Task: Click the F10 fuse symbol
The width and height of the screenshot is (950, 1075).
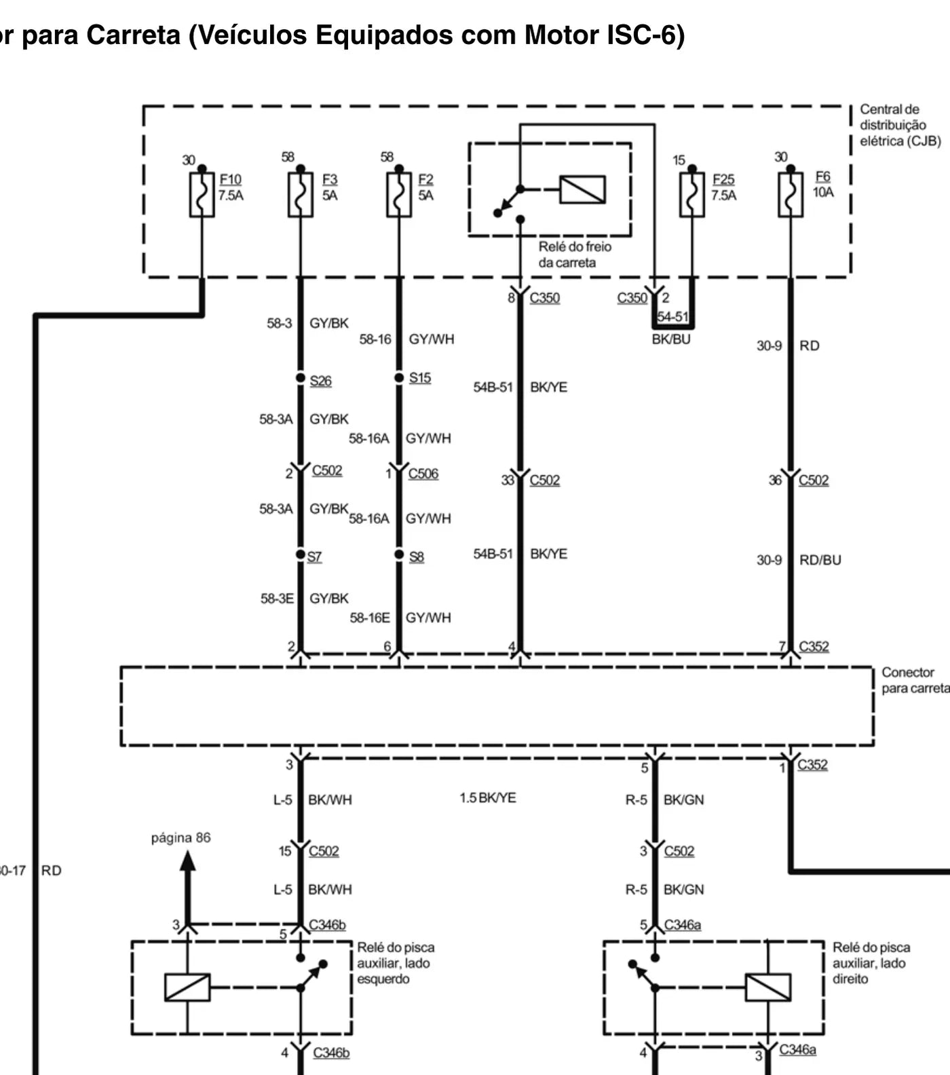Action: pyautogui.click(x=202, y=194)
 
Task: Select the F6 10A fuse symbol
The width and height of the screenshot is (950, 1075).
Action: pyautogui.click(x=791, y=194)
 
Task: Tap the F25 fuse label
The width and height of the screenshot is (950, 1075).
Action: pyautogui.click(x=723, y=179)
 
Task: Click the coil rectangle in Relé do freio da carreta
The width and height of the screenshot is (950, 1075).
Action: pyautogui.click(x=582, y=189)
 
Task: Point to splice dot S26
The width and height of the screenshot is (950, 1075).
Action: pyautogui.click(x=301, y=377)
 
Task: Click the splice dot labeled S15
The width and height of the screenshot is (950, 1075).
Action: pyautogui.click(x=399, y=377)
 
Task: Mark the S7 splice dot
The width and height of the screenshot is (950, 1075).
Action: pyautogui.click(x=301, y=554)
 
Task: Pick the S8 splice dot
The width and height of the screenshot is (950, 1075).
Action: pyautogui.click(x=399, y=554)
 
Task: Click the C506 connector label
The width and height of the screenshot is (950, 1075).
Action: pyautogui.click(x=423, y=474)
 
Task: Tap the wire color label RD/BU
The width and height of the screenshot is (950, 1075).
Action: pyautogui.click(x=820, y=560)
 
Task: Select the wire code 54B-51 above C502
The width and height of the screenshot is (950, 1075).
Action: pyautogui.click(x=493, y=387)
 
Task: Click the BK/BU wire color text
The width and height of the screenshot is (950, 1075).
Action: pyautogui.click(x=671, y=339)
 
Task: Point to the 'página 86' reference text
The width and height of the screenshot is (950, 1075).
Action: pyautogui.click(x=180, y=838)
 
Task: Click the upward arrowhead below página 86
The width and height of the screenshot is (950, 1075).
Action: pyautogui.click(x=188, y=861)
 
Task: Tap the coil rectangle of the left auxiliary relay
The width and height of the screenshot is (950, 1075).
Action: pyautogui.click(x=187, y=987)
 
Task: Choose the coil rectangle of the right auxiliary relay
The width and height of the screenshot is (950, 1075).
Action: pyautogui.click(x=767, y=987)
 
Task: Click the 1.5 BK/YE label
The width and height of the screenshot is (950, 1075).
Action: pyautogui.click(x=488, y=797)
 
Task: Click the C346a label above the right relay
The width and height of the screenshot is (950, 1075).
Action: pyautogui.click(x=683, y=924)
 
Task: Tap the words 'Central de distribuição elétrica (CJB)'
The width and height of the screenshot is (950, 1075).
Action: pyautogui.click(x=900, y=125)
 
